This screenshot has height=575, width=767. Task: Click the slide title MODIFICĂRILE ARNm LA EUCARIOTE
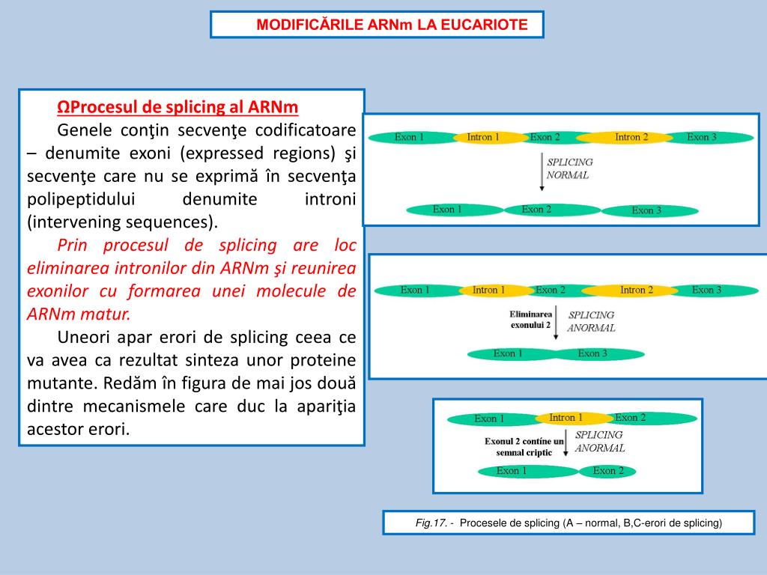(x=392, y=25)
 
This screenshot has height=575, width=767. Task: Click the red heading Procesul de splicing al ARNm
(x=178, y=108)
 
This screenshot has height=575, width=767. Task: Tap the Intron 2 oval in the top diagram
(x=631, y=137)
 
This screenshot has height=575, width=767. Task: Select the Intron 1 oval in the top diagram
(x=483, y=137)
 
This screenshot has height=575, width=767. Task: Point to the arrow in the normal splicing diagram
(x=542, y=172)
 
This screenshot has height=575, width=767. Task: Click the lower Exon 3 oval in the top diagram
(x=646, y=210)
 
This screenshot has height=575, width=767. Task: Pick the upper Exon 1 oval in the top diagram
(x=410, y=137)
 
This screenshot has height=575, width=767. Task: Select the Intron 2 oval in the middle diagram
(x=637, y=290)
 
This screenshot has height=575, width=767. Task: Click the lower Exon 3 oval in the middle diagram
(x=592, y=353)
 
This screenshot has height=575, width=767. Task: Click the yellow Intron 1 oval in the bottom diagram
(x=566, y=418)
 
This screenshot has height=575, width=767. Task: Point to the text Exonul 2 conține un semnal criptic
(x=524, y=447)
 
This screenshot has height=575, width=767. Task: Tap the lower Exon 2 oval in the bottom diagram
(x=608, y=471)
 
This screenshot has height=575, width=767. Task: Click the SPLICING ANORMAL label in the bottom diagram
(x=599, y=441)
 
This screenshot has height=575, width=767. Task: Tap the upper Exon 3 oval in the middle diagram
(x=706, y=290)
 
